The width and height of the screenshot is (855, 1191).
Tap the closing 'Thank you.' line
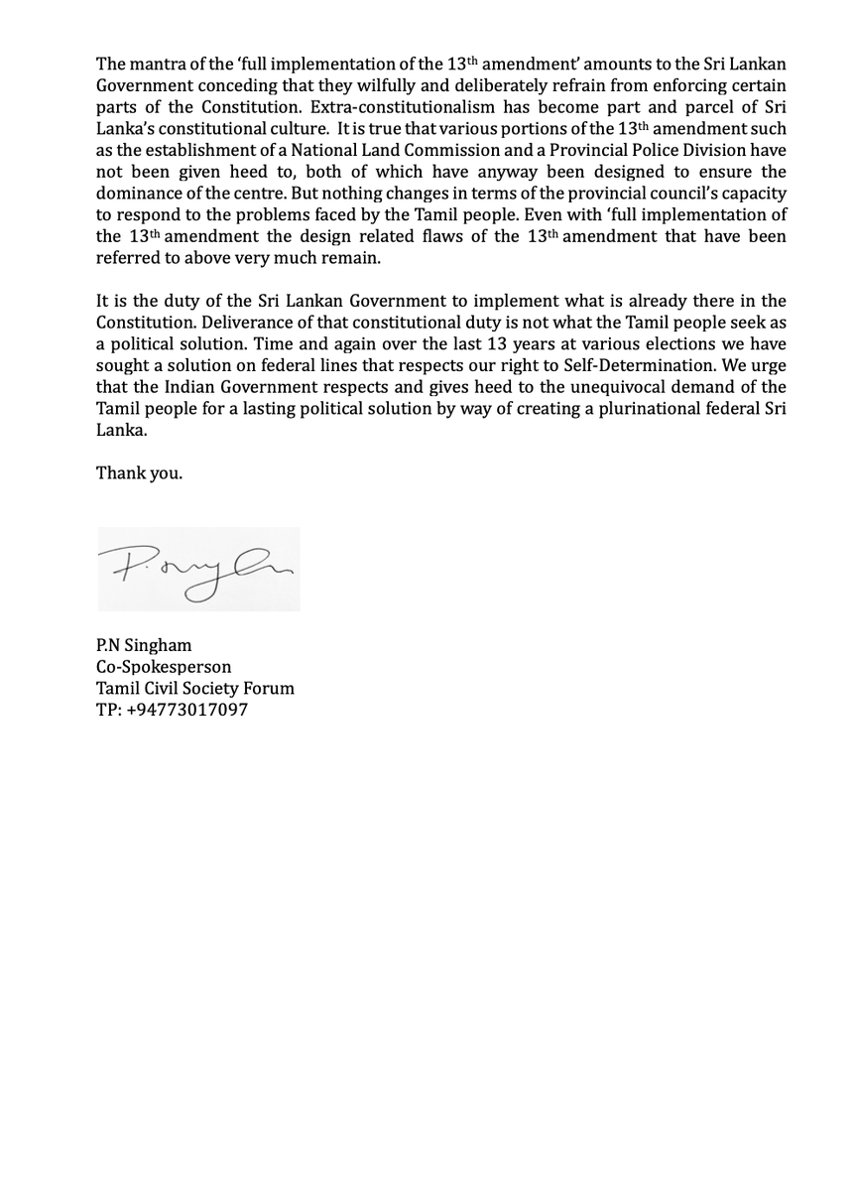click(x=139, y=473)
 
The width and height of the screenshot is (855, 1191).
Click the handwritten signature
click(x=197, y=569)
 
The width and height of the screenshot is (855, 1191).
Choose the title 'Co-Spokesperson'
click(x=164, y=667)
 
